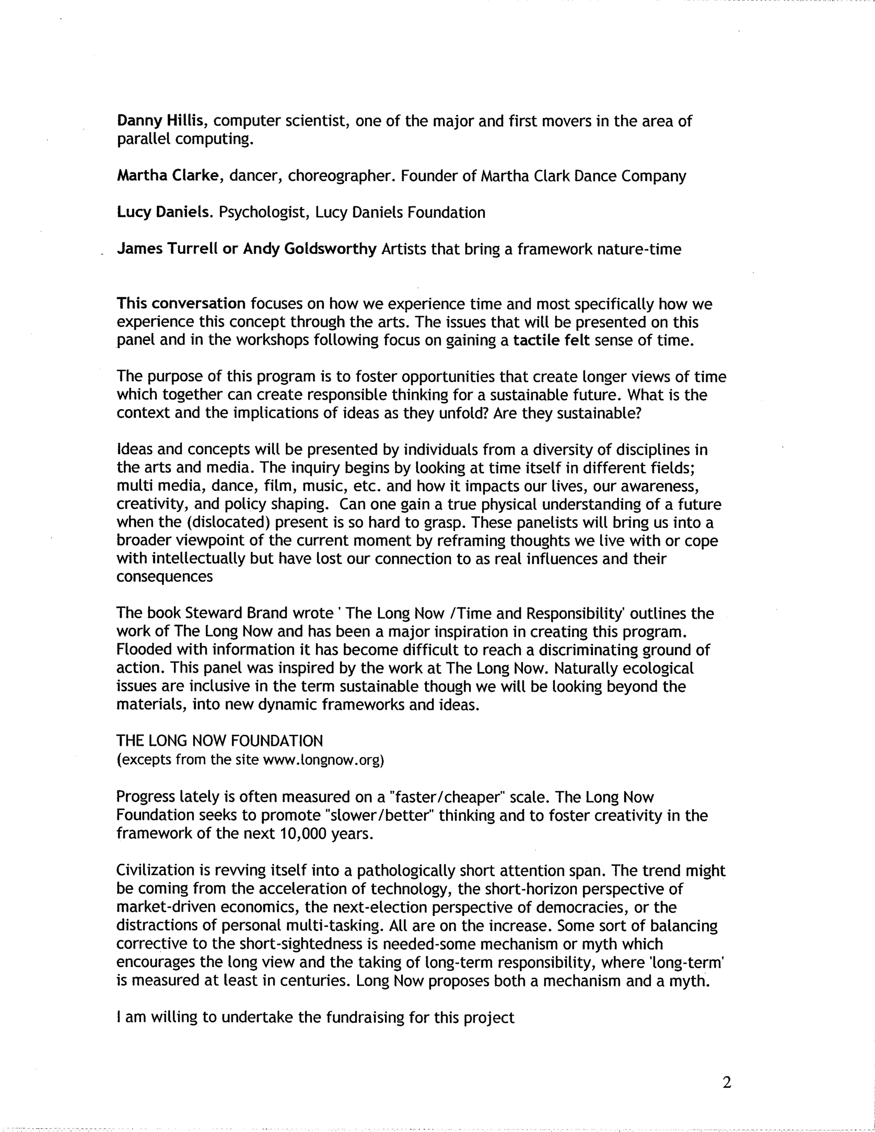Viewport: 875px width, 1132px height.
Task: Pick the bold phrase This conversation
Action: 181,304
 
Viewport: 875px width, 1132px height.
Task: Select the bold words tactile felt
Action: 552,340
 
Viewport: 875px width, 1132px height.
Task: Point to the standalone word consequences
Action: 164,577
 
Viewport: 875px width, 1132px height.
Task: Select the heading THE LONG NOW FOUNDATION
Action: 220,741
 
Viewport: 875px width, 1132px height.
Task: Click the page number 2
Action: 726,1083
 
